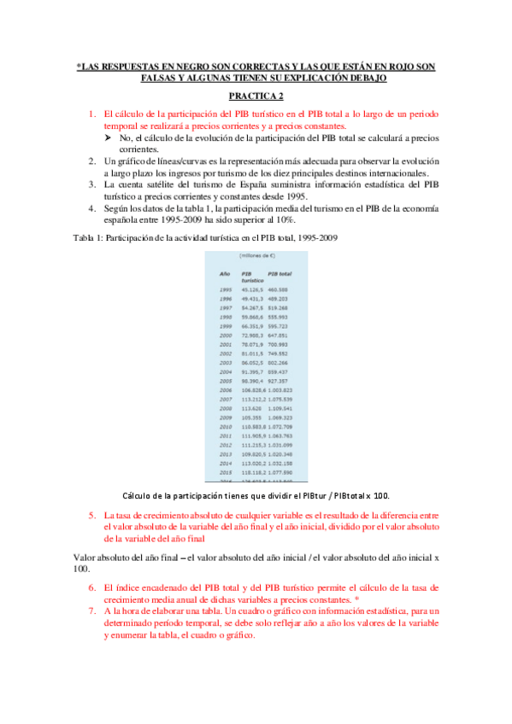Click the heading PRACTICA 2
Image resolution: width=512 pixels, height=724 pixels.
(x=256, y=97)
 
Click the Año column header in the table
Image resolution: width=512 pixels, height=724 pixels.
(x=226, y=273)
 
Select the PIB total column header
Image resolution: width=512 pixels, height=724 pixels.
(x=280, y=273)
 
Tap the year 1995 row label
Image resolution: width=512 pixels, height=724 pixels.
(x=226, y=291)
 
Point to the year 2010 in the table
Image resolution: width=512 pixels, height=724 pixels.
(x=226, y=425)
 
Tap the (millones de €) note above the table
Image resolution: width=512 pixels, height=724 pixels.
(x=256, y=255)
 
